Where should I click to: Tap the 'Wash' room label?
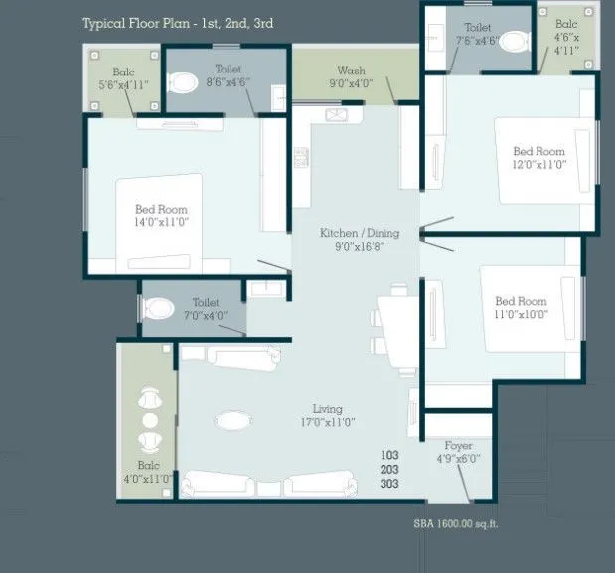[x=350, y=71]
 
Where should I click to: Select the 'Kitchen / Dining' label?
[x=359, y=233]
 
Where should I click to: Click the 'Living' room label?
[x=327, y=408]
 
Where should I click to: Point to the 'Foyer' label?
[x=458, y=446]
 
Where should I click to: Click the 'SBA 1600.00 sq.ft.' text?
[x=456, y=523]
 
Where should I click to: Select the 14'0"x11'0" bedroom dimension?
[x=161, y=222]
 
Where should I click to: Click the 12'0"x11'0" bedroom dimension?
[x=538, y=165]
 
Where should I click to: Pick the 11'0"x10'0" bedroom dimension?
[x=521, y=314]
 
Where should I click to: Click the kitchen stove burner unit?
[x=300, y=157]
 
